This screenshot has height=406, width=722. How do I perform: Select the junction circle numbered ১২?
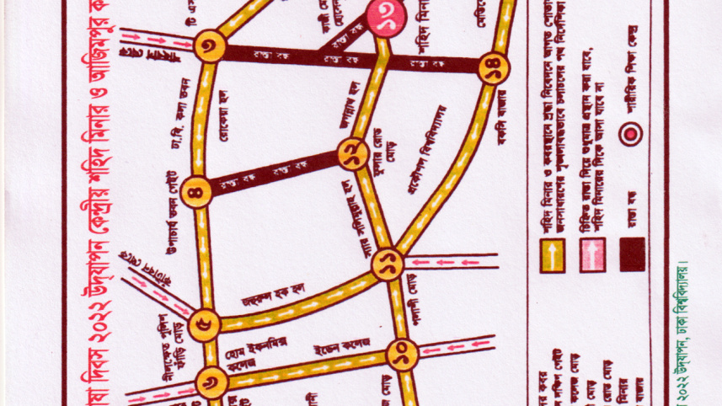point(352,154)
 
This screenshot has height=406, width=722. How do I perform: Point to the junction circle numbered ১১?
point(388,264)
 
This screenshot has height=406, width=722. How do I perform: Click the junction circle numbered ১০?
point(404,355)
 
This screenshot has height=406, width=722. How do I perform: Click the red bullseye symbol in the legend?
point(631,132)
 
